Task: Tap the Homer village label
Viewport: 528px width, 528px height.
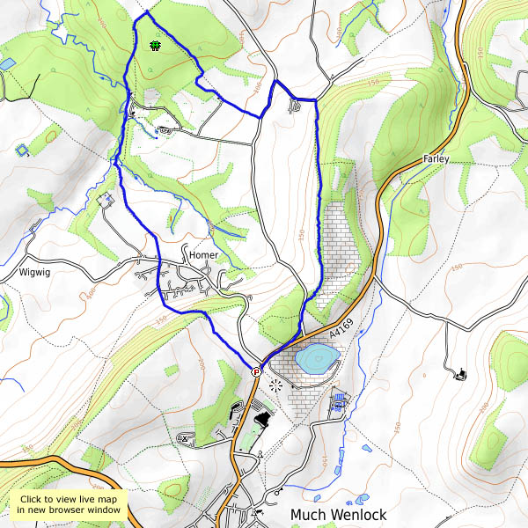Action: click(203, 255)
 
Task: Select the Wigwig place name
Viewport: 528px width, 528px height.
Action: click(36, 273)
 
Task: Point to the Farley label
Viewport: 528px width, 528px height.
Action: click(436, 158)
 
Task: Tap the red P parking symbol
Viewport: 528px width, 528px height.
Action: click(256, 372)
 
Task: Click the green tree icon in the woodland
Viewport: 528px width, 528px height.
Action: click(156, 44)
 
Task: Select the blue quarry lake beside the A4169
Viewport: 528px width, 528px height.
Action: click(317, 358)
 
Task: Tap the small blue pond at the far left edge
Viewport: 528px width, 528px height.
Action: click(7, 64)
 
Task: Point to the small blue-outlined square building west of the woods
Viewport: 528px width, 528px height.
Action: click(21, 150)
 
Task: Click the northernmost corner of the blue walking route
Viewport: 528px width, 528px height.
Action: click(146, 13)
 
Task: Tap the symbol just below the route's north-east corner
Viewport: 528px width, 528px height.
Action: click(296, 106)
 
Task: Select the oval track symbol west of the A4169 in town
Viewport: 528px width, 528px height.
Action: click(185, 437)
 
